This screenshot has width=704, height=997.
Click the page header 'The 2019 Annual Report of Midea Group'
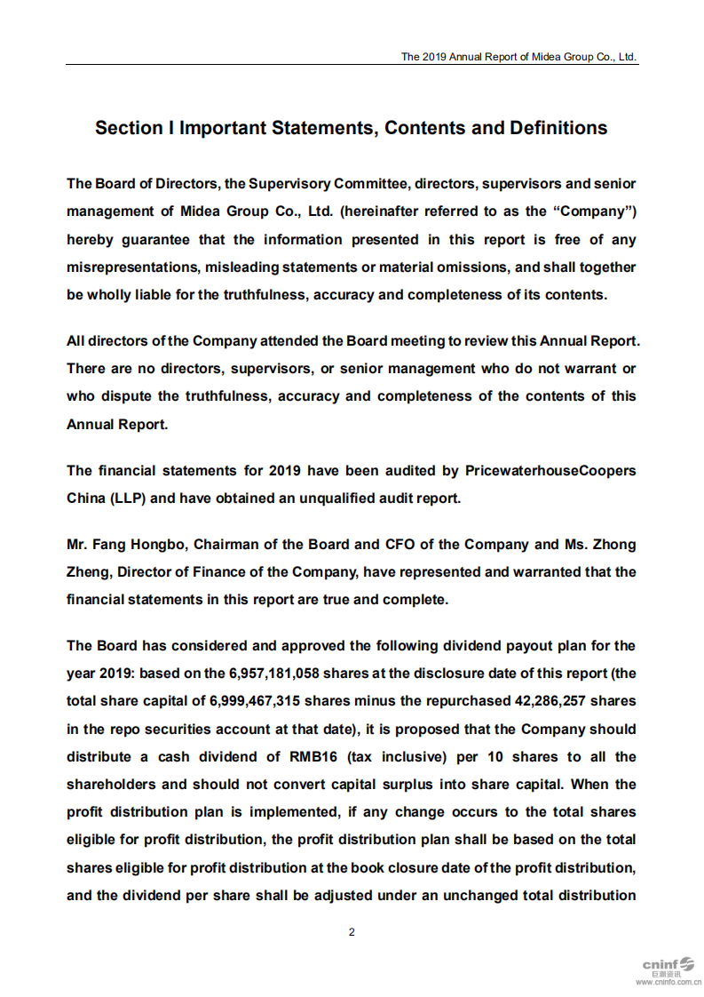tap(518, 56)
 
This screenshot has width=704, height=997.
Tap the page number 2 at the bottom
tap(352, 932)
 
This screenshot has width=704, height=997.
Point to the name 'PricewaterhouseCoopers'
tap(550, 470)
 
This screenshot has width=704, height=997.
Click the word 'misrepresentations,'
tap(131, 267)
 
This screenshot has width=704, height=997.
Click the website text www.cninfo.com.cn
tap(668, 983)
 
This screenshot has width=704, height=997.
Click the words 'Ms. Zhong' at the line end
tap(601, 544)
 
